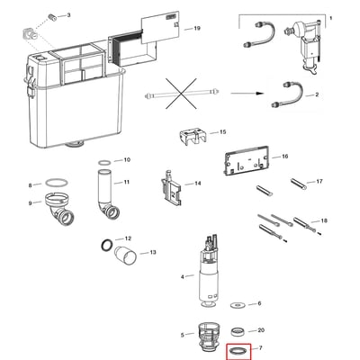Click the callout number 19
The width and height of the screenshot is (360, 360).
[197, 29]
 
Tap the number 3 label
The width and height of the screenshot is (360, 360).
[68, 15]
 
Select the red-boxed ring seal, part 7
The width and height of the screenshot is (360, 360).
[239, 350]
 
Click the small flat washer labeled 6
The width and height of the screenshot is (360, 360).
[238, 305]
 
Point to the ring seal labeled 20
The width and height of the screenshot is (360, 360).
[238, 331]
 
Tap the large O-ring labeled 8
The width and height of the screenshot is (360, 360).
[57, 183]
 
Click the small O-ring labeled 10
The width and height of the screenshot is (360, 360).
[104, 162]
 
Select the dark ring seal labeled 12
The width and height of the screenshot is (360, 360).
[107, 245]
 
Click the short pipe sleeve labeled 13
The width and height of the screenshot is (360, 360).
[126, 256]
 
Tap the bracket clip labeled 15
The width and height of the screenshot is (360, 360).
[193, 137]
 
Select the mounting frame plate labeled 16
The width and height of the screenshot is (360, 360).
[247, 160]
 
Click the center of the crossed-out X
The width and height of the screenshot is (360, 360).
[181, 94]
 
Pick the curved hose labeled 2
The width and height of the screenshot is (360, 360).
[287, 94]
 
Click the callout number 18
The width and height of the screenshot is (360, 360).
[324, 220]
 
